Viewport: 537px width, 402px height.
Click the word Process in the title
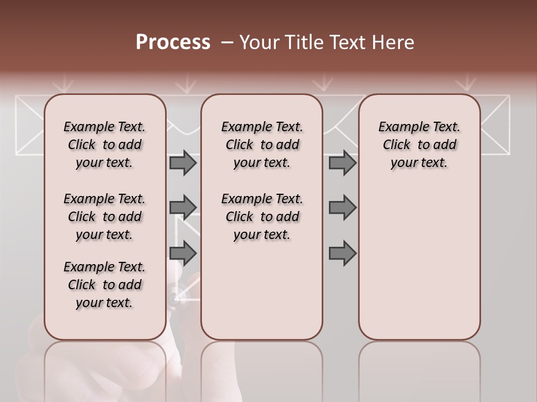173,42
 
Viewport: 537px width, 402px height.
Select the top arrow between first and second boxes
183,163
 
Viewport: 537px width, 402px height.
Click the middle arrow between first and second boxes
183,208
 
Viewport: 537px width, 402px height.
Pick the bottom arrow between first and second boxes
183,253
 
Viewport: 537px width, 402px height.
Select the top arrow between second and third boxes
342,163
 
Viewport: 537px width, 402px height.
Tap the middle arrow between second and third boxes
342,208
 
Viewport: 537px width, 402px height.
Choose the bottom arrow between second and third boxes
342,253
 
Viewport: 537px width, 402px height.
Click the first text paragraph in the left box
105,145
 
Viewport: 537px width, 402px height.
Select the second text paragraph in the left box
105,217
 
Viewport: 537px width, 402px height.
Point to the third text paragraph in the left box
105,285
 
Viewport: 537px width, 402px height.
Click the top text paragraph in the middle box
262,145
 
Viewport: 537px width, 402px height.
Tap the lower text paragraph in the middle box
262,217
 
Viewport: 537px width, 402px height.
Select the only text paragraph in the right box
419,145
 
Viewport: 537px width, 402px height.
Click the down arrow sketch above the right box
465,84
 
